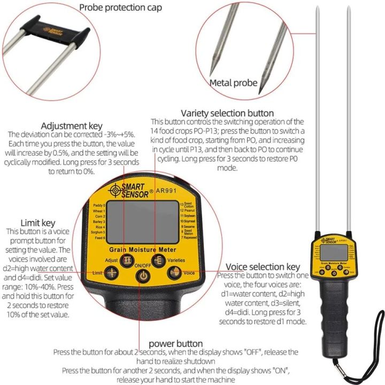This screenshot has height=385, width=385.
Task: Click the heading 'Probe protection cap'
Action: point(120,7)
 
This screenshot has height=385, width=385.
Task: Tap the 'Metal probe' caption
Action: point(233,83)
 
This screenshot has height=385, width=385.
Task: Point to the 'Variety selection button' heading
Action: point(227,113)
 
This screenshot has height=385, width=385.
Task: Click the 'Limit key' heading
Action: point(38,222)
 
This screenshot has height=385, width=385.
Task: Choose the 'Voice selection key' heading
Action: point(263,266)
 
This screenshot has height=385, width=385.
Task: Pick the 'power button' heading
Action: point(175,343)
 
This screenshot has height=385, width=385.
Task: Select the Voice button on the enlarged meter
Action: point(173,273)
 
